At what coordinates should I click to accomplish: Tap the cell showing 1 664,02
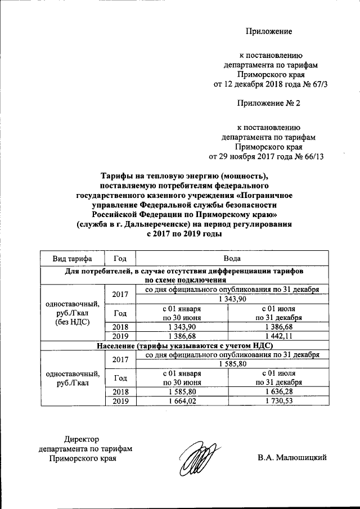(179, 401)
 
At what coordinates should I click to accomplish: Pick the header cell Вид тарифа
(72, 258)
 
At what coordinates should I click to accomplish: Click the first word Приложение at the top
(269, 31)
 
